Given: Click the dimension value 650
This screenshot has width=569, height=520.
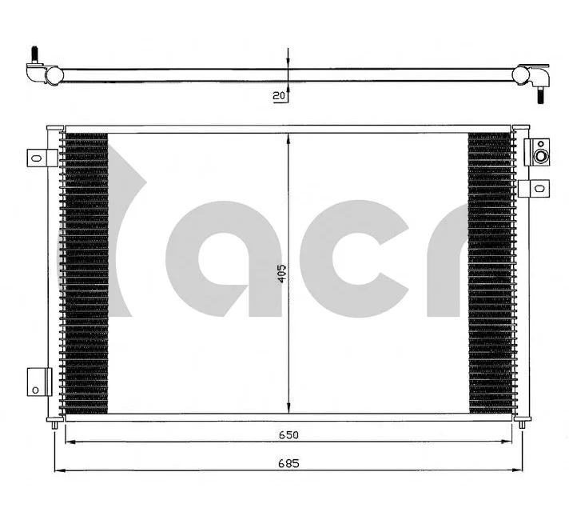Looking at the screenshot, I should [288, 434].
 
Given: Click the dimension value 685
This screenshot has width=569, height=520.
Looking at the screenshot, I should [288, 463].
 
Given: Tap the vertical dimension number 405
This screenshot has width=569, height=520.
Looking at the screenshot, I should [281, 274].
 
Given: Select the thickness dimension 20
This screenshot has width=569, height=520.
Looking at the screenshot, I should [279, 96].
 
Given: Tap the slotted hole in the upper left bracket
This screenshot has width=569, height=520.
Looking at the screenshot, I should [34, 158].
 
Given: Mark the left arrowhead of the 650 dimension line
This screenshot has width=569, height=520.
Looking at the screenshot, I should [68, 442].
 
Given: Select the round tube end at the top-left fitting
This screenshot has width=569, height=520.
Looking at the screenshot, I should [54, 74].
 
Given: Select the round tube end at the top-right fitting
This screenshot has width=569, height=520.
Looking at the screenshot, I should [522, 75].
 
